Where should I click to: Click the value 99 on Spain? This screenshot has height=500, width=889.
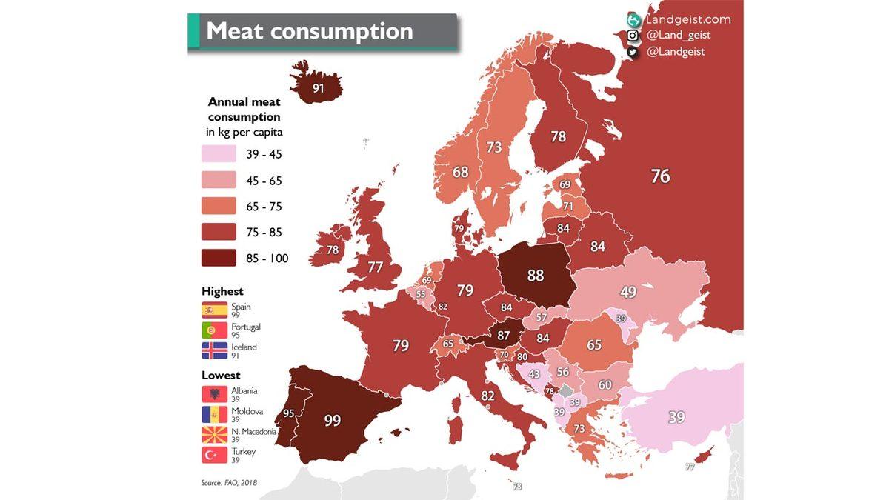(x=333, y=421)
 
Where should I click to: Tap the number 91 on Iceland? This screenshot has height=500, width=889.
(x=319, y=87)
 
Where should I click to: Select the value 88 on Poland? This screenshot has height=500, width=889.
(x=536, y=276)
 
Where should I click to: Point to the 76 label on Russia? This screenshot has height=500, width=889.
(x=660, y=176)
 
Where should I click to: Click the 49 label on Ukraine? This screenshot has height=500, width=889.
(x=628, y=293)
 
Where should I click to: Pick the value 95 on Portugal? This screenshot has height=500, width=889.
(x=289, y=413)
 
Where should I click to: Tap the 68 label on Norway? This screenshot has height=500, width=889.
(x=461, y=172)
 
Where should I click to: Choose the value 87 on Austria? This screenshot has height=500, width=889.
(x=503, y=335)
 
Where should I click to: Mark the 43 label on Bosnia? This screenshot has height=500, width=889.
(x=533, y=375)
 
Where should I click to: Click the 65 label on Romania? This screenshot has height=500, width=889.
(x=594, y=345)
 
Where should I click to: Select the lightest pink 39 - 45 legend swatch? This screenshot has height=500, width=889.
(x=219, y=155)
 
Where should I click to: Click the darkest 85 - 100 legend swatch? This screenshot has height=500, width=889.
(x=219, y=258)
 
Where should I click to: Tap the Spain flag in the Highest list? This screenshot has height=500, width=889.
(x=214, y=310)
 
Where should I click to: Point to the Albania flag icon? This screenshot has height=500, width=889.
(x=214, y=394)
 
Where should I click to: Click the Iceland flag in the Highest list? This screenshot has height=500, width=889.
(x=214, y=350)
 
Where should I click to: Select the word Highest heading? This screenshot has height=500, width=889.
(x=222, y=291)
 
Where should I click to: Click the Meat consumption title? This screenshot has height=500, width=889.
(x=309, y=31)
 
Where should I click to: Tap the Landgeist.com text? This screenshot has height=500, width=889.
(x=687, y=20)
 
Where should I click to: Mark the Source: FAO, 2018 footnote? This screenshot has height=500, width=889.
(x=229, y=483)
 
